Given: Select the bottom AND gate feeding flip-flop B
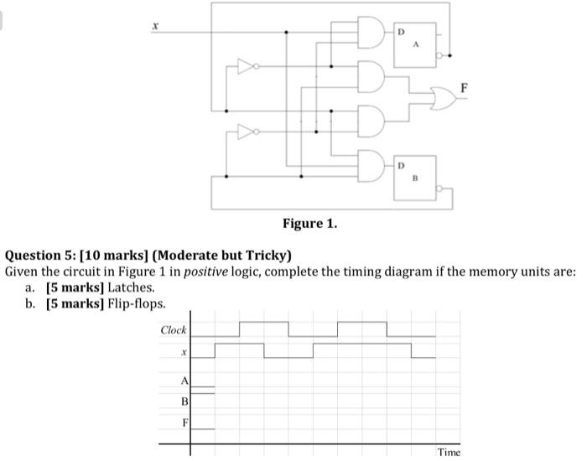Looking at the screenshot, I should point(370,163).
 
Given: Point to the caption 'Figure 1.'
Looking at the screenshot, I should point(309,224).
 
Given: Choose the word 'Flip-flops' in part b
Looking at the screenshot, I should point(135,303).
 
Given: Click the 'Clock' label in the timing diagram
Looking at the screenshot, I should point(174,330).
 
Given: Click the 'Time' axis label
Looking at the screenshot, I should point(448,452).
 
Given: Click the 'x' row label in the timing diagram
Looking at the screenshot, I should point(182,355).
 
